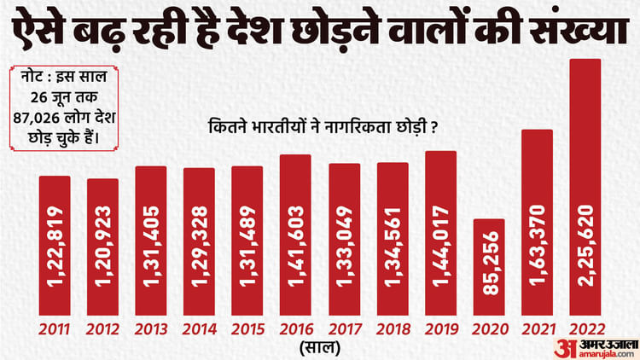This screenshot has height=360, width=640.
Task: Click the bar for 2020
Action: pos(489,266)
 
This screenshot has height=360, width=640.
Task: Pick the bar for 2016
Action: pos(295,234)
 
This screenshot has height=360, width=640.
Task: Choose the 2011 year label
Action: pos(54,329)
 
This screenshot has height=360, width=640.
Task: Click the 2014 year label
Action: pos(199,329)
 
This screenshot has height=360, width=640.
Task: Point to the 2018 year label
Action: pos(393,329)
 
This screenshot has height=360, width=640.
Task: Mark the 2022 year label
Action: pos(586,329)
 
